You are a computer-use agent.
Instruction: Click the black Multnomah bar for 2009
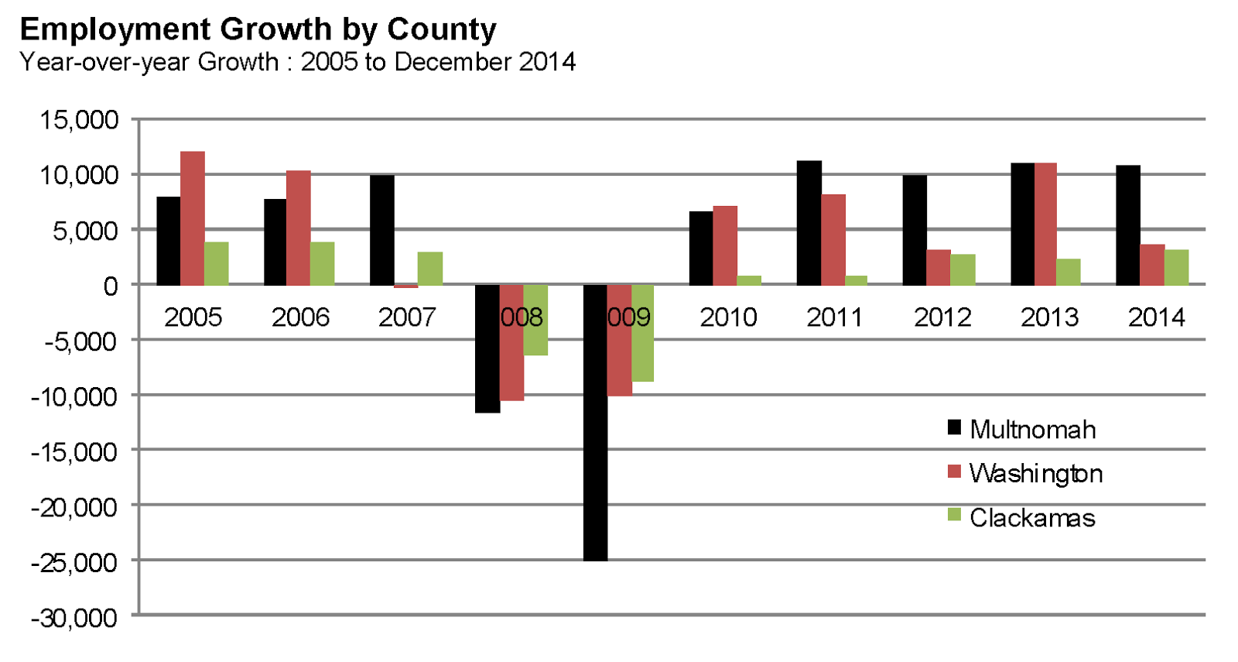coord(595,422)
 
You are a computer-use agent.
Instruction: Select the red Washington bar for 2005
coord(193,218)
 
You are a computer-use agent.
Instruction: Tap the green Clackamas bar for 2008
coord(535,320)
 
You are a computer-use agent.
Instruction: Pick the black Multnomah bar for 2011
coord(809,223)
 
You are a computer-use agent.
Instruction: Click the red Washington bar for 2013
coord(1045,224)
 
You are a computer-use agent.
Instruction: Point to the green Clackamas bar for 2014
coord(1176,267)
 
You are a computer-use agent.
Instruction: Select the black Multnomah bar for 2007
coord(382,230)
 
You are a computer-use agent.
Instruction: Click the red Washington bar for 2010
coord(725,245)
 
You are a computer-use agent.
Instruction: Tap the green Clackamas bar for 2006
coord(322,263)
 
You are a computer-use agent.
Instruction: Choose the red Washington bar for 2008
coord(511,342)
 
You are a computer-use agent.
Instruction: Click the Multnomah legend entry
coord(1021,429)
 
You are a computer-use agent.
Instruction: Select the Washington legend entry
coord(1024,473)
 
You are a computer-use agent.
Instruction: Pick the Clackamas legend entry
coord(1021,517)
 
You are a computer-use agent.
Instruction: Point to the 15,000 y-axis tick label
coord(80,119)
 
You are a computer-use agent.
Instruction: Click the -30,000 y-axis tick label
coord(74,618)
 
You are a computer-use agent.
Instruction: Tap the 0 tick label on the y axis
coord(111,286)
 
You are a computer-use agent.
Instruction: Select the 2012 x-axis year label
coord(942,317)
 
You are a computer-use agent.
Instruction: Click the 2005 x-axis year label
coord(193,317)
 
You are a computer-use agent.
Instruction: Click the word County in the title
coord(441,29)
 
